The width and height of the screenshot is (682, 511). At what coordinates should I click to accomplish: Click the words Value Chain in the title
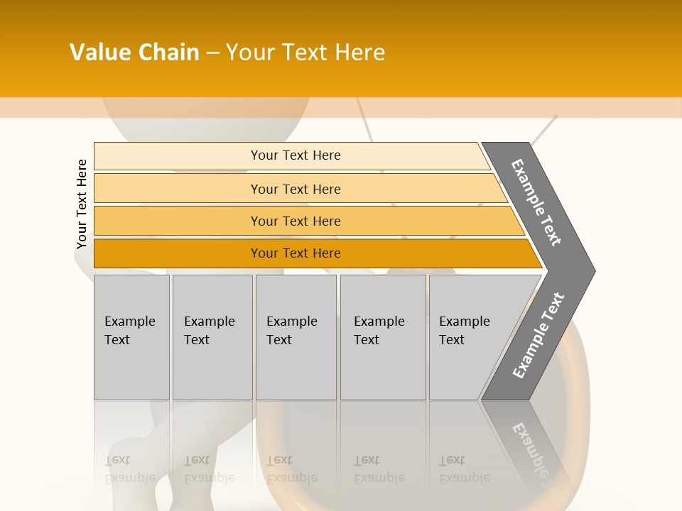134,53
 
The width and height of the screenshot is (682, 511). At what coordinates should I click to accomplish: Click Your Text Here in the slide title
305,53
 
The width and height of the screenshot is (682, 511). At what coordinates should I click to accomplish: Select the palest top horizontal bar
178,155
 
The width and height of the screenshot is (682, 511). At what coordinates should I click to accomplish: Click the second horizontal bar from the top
178,189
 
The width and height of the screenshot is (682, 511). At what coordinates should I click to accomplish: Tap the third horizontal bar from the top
178,221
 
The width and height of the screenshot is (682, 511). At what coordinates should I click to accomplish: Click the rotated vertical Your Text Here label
82,204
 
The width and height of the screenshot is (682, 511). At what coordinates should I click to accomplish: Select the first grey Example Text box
131,337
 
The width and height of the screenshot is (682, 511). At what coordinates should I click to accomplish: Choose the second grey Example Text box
212,337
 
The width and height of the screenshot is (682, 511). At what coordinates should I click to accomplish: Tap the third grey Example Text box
296,337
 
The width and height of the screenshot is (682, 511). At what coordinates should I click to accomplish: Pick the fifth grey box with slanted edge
469,337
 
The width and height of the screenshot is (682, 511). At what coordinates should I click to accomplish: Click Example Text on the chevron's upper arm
536,202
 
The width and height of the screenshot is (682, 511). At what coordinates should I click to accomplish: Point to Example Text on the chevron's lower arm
538,336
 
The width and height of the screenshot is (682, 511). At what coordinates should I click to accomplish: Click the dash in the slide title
212,53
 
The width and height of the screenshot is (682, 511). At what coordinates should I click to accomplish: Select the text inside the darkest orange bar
296,253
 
